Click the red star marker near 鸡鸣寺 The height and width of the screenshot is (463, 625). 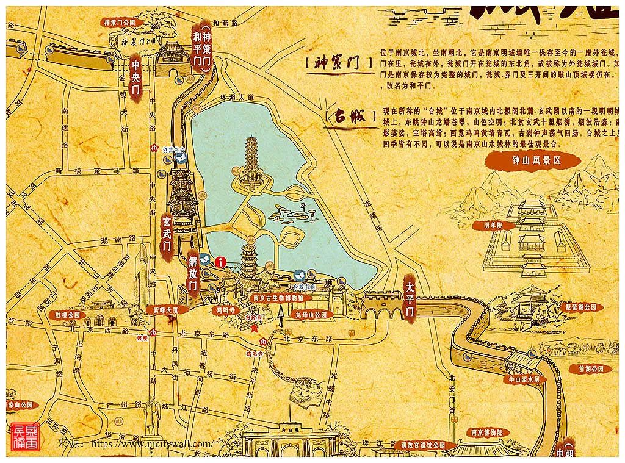click(x=253, y=328)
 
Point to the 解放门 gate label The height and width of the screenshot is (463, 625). click(x=193, y=275)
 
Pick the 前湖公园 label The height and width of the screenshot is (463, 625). click(x=590, y=368)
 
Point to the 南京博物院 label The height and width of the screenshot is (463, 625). click(x=486, y=432)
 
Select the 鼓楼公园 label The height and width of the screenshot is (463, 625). click(x=67, y=315)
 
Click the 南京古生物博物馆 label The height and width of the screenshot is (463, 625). click(x=278, y=298)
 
